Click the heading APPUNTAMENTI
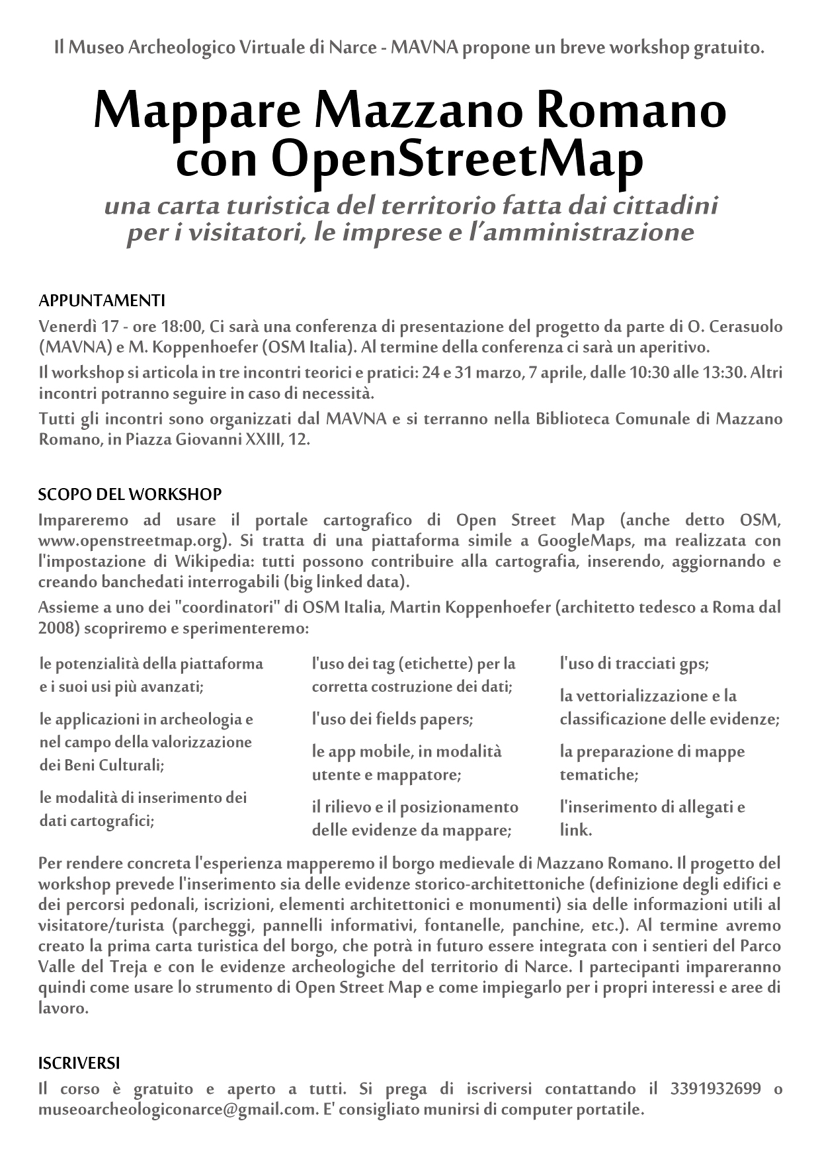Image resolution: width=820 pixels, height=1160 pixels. tap(101, 301)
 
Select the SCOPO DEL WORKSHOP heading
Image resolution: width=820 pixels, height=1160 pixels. tap(130, 494)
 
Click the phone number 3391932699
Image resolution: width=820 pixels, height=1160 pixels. tap(716, 1089)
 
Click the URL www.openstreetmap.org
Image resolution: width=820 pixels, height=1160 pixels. tap(134, 540)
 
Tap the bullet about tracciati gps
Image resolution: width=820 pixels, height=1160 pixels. tap(634, 663)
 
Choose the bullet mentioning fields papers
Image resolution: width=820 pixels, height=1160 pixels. tap(392, 719)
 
